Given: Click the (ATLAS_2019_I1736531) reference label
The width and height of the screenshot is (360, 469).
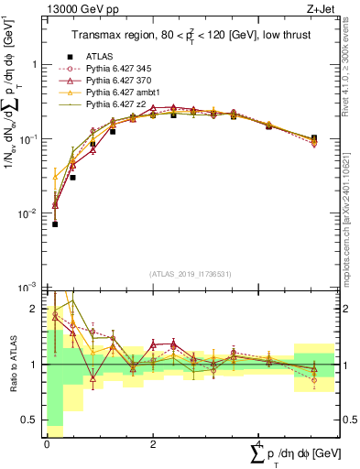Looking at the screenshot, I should click(x=191, y=274).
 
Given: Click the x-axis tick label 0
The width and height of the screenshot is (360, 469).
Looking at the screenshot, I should click(x=47, y=442).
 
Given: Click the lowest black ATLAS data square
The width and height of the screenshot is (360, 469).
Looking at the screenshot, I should click(x=55, y=224).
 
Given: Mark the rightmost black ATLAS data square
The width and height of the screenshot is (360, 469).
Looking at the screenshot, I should click(x=314, y=138).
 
